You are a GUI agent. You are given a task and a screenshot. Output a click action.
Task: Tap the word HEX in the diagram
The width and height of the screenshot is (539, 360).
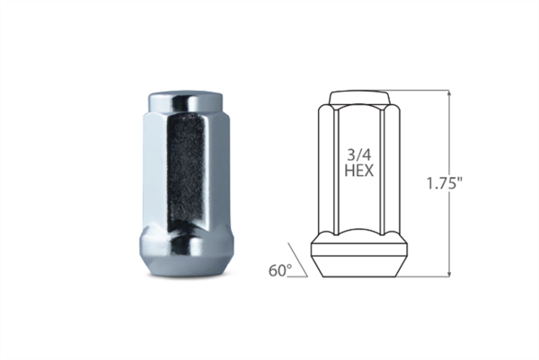(x=358, y=170)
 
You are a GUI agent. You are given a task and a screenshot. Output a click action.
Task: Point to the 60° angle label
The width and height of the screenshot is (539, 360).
(x=280, y=268)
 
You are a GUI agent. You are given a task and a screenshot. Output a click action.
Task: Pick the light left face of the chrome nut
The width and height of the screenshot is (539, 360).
(x=152, y=171)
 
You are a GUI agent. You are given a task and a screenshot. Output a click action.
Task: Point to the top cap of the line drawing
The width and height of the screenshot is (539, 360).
(x=359, y=96)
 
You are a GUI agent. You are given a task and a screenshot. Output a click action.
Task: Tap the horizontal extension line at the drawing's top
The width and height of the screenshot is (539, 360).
(x=418, y=90)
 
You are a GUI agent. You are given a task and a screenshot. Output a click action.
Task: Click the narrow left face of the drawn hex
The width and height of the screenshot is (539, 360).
(x=327, y=171)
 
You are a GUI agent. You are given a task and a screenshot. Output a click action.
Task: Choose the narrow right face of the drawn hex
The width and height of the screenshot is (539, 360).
(x=392, y=171)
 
